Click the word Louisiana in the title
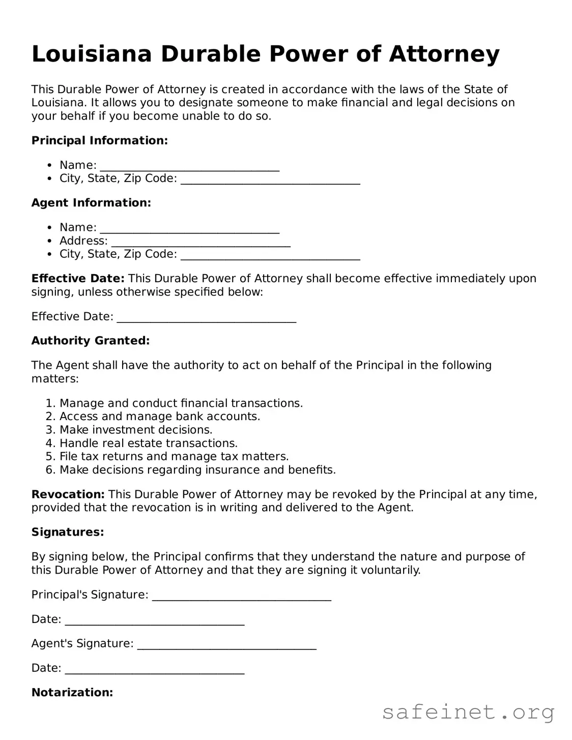92,54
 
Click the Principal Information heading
99,140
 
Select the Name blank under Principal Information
189,166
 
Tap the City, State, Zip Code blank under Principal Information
270,180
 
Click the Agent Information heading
91,203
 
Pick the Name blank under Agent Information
189,228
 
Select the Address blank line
201,242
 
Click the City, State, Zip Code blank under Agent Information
270,255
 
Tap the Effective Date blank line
206,317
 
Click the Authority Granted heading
91,341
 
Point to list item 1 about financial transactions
181,403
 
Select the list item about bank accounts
159,417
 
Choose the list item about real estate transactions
148,443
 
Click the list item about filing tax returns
174,457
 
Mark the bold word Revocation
68,494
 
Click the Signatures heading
68,532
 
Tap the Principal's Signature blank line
241,596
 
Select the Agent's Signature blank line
226,644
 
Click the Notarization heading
72,692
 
